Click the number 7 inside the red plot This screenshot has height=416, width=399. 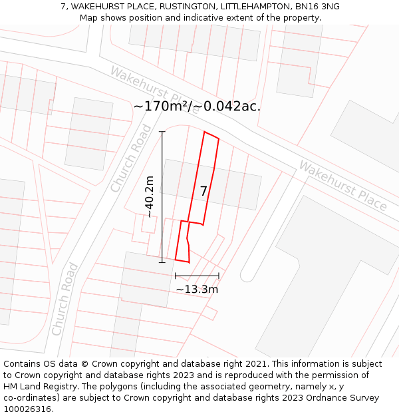pos(203,191)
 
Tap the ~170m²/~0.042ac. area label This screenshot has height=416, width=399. pos(197,106)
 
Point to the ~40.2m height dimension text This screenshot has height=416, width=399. pos(150,197)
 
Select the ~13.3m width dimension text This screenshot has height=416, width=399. pos(197,290)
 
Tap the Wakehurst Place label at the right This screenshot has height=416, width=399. pos(342,186)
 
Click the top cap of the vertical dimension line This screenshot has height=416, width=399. pos(162,132)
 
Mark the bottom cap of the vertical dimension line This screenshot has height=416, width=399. pos(162,262)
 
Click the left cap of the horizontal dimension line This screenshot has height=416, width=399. pos(175,276)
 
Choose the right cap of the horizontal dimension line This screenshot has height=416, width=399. pos(219,276)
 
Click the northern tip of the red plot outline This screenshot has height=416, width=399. pos(205,132)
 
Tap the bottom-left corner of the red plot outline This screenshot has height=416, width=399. pos(175,260)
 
